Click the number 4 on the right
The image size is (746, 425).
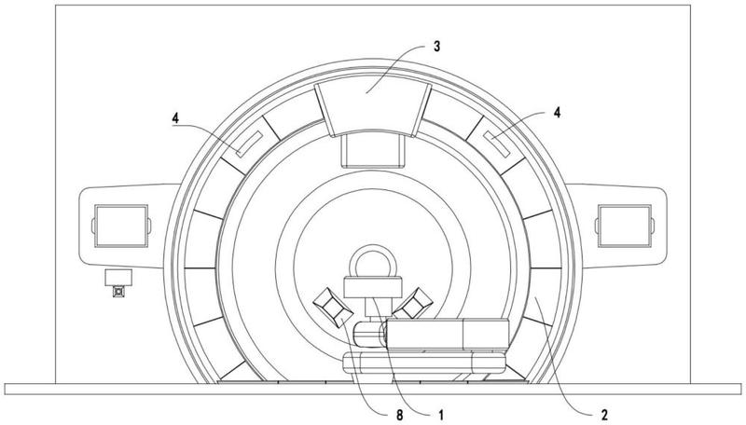tap(557, 112)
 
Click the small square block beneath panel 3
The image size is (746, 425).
tap(373, 149)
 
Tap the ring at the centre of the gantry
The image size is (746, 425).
tap(372, 262)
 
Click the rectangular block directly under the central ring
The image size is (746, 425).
tap(372, 288)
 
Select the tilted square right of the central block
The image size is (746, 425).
tap(417, 302)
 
